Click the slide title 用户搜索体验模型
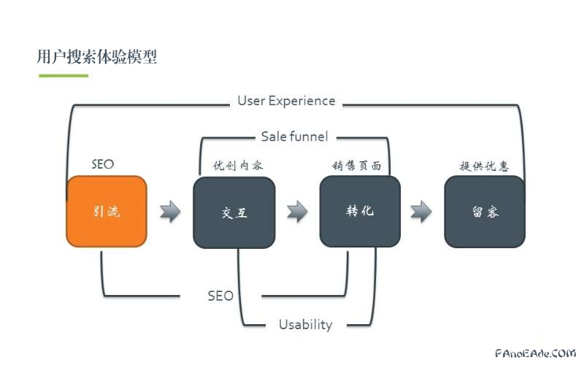[96, 57]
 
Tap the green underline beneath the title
[63, 75]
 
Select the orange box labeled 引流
[107, 212]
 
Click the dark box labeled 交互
[234, 212]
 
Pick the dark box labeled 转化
[360, 212]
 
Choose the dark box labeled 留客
[485, 212]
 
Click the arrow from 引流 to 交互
[170, 212]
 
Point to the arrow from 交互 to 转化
[297, 212]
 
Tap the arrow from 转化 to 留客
[421, 212]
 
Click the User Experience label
[286, 101]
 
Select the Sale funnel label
[294, 136]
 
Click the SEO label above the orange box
[102, 164]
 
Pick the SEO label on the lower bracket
[220, 296]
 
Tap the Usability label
[305, 324]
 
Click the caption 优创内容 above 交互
[238, 166]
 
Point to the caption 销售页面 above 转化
[357, 166]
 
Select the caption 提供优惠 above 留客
[484, 166]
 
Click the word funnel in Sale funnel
[308, 136]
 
